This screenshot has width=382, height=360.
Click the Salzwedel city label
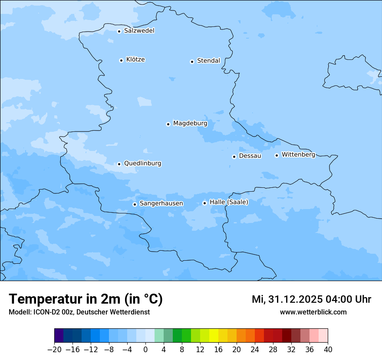pos(139,31)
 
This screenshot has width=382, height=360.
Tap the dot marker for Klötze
pos(121,60)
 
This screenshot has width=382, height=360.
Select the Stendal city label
pos(208,61)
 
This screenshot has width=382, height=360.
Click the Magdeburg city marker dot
pos(168,124)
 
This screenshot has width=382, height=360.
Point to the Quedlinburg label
pos(142,164)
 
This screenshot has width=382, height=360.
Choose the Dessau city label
pos(250,156)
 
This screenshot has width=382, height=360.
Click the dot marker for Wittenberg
pos(277,155)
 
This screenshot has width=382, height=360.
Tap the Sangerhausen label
pos(161,203)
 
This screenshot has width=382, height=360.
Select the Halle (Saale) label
pos(229,202)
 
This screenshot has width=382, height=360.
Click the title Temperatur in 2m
pos(86,299)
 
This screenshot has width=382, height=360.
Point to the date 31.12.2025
pos(293,299)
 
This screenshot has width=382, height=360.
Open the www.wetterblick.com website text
pos(313,312)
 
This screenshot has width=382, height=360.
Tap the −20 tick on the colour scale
pos(54,350)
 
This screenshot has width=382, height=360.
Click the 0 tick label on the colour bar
pos(145,350)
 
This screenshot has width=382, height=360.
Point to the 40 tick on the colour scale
pos(328,350)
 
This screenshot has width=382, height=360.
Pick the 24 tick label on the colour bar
pos(255,350)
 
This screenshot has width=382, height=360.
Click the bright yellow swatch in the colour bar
pos(214,336)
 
